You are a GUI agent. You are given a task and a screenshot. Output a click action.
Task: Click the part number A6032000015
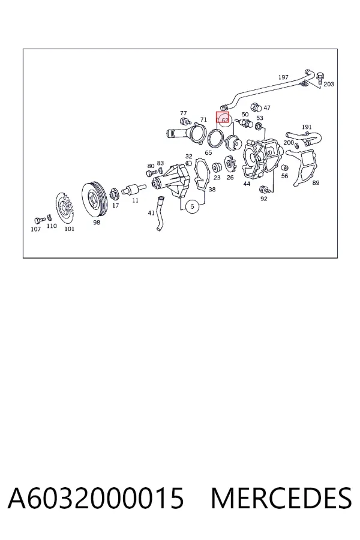[x=96, y=498]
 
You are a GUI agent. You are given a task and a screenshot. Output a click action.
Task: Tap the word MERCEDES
[x=281, y=498]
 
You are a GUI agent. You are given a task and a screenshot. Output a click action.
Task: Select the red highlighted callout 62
[x=222, y=118]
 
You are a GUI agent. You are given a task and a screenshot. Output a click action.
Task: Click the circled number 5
[x=192, y=206]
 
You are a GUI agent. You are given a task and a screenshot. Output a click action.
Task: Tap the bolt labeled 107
[x=40, y=220]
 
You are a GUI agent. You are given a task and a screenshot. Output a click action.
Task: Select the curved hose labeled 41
[x=160, y=213]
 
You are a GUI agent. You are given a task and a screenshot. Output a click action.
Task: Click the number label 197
[x=283, y=77]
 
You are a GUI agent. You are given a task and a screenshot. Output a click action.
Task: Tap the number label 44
[x=247, y=184]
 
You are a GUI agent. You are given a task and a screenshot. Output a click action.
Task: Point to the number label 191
[x=307, y=127]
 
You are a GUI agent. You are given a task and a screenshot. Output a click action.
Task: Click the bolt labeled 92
[x=263, y=189]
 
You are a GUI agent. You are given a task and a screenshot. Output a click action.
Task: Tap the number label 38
[x=212, y=189]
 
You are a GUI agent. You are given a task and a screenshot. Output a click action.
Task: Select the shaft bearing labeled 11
[x=134, y=188]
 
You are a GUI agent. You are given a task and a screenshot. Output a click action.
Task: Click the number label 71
[x=203, y=119]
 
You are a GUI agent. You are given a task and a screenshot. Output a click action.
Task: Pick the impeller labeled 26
[x=229, y=164]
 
